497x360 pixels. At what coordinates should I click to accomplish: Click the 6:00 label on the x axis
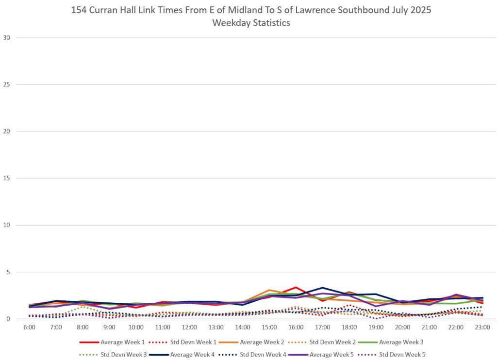click(x=29, y=327)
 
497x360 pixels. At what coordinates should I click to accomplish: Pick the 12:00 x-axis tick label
click(x=189, y=327)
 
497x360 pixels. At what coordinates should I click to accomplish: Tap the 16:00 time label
click(x=296, y=327)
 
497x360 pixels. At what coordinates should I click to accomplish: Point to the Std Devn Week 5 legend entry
click(x=402, y=355)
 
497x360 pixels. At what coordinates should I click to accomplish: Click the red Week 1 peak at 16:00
click(x=296, y=287)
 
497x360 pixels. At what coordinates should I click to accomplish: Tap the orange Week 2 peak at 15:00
click(x=269, y=290)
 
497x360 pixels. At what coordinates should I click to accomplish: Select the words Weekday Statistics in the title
click(x=251, y=23)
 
